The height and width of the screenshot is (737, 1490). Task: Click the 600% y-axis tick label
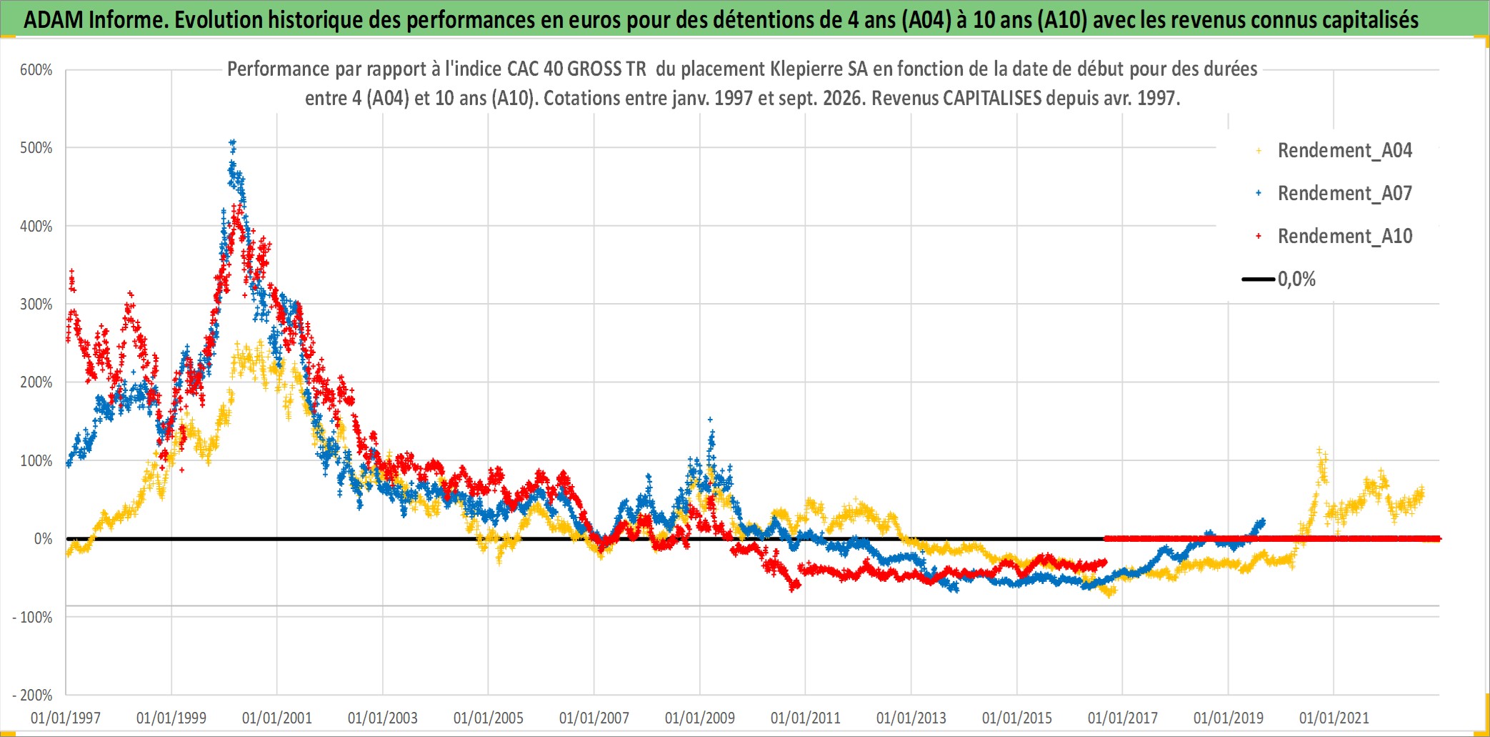(x=36, y=70)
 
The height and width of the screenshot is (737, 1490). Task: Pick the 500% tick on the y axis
(x=36, y=148)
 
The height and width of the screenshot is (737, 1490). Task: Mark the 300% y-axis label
(x=36, y=305)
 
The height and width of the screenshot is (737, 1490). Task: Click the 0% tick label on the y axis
(x=44, y=539)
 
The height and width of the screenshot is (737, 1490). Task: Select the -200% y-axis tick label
(x=33, y=695)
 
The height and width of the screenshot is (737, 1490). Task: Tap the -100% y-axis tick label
(x=33, y=617)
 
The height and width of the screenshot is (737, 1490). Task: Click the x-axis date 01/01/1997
(x=66, y=718)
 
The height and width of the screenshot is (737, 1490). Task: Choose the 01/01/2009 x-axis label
(x=700, y=718)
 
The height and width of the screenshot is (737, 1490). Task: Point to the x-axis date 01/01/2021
(x=1334, y=718)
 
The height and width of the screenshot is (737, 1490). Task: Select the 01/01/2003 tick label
(x=383, y=718)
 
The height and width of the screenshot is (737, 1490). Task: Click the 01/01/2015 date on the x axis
(x=1017, y=718)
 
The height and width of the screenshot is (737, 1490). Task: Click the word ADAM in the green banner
(x=54, y=20)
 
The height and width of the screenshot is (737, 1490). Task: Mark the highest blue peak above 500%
(x=232, y=143)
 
